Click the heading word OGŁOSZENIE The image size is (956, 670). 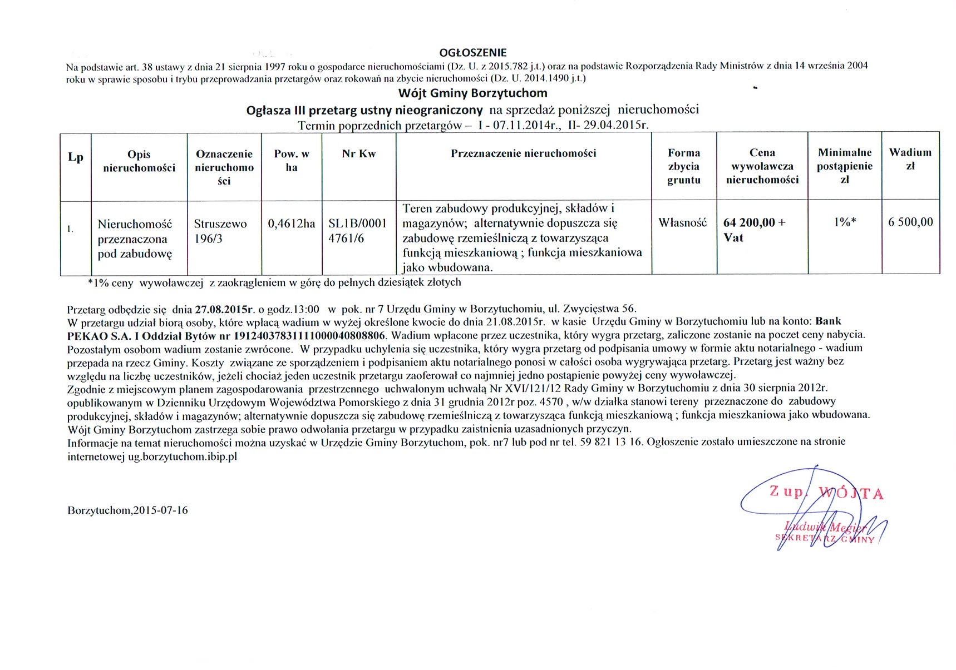(x=473, y=53)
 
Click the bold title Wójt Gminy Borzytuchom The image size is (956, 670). (x=472, y=93)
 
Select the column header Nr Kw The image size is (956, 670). (x=358, y=154)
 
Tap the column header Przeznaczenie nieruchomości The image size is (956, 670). (x=523, y=153)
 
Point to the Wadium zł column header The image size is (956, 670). (x=910, y=159)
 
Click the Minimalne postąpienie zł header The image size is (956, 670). (x=844, y=166)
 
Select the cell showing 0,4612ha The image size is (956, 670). (x=292, y=224)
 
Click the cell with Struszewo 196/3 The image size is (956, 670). (x=220, y=231)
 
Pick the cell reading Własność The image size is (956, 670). (x=683, y=222)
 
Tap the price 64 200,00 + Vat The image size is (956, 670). (x=754, y=230)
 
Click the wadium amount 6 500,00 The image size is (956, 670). (x=910, y=222)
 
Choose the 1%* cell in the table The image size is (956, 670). (x=844, y=222)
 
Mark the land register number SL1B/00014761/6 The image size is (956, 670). (x=357, y=231)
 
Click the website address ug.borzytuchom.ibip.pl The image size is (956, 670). (x=183, y=456)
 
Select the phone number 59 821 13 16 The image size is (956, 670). (x=610, y=442)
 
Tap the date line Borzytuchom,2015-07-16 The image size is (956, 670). (x=127, y=510)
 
